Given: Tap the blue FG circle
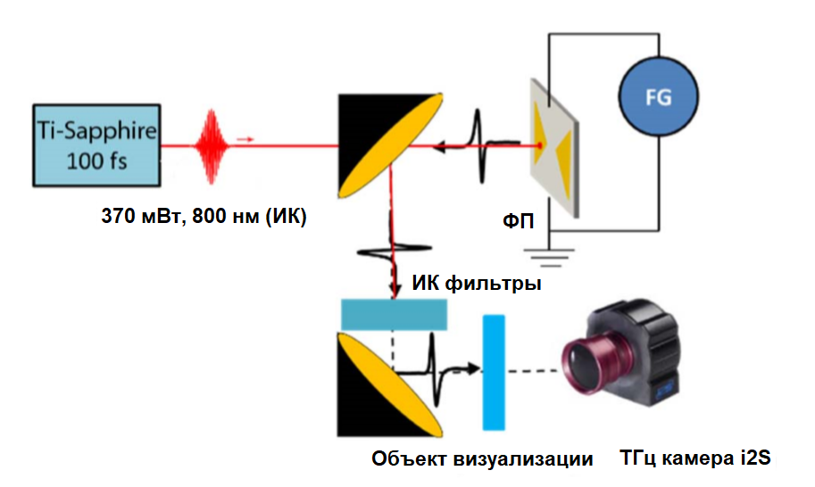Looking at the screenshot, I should point(658,98).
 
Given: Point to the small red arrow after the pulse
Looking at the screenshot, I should point(245,139).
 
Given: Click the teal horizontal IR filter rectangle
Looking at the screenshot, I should point(394,313).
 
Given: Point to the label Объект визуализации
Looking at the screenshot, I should point(482,459).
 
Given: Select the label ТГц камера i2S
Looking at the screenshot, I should point(694,459).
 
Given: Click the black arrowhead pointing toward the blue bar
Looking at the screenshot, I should point(470,368).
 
